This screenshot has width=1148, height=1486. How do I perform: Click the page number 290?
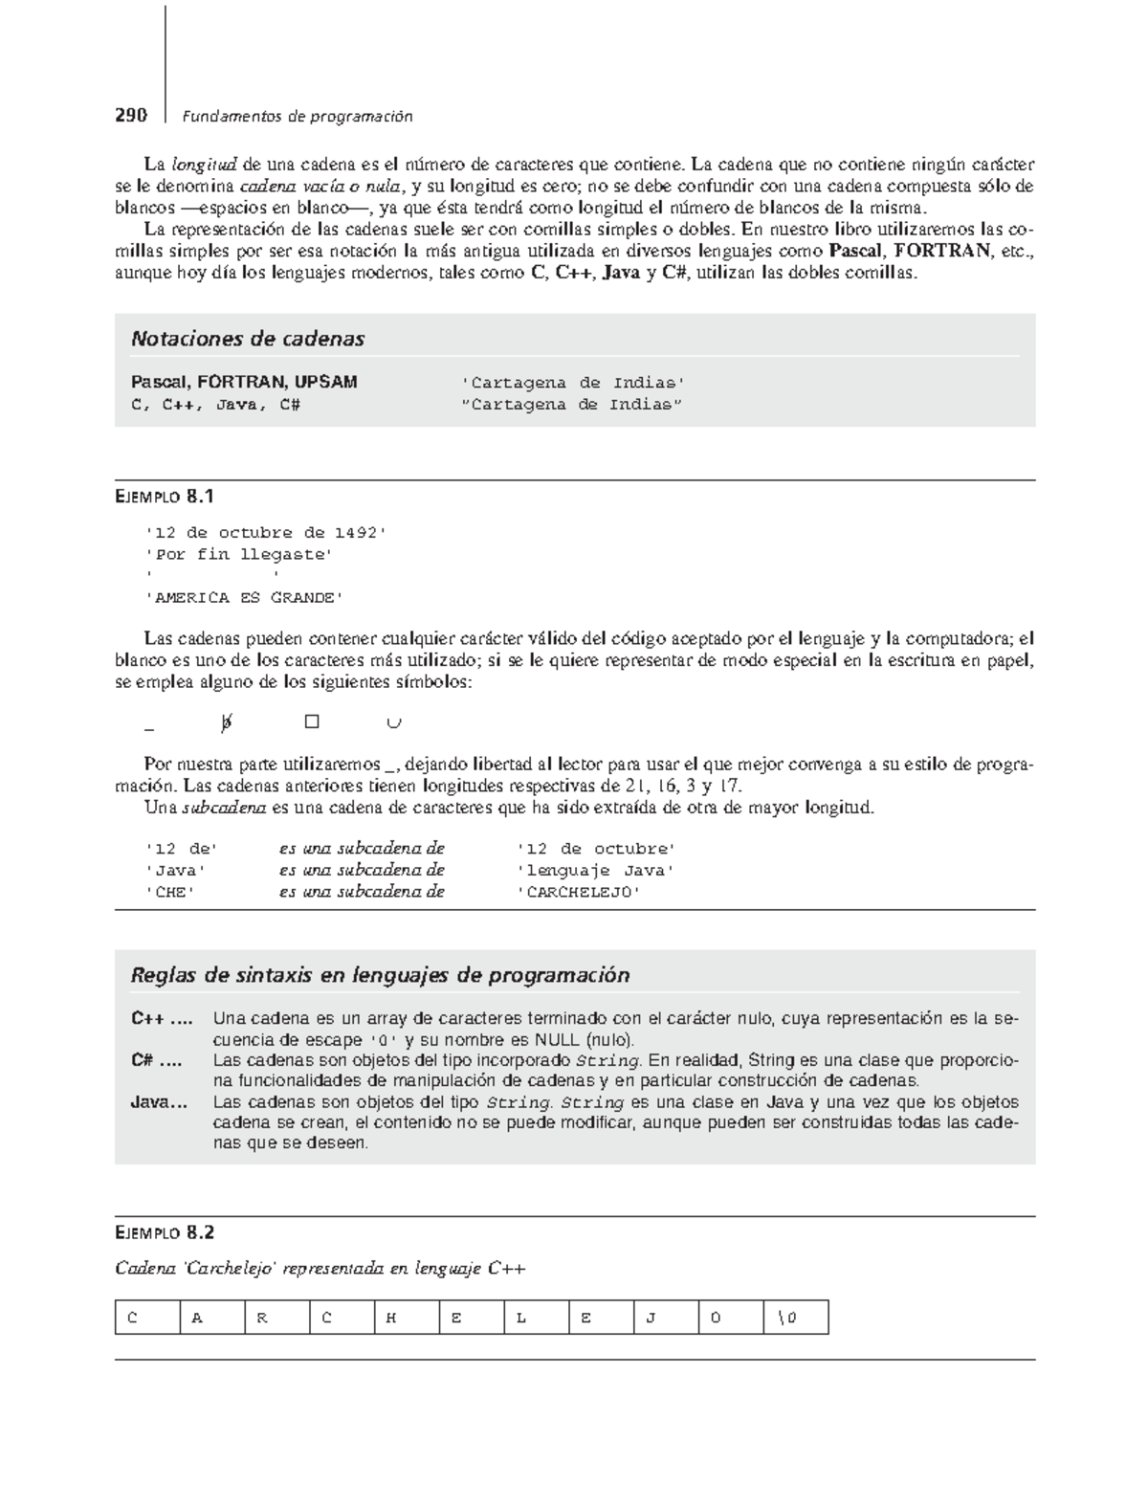tap(131, 116)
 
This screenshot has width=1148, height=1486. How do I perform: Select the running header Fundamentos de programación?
tap(298, 117)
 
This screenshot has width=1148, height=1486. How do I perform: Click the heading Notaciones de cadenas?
tap(248, 339)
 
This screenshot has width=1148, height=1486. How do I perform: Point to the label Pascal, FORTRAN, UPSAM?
tap(244, 383)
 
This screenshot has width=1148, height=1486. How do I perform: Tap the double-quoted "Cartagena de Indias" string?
tap(572, 405)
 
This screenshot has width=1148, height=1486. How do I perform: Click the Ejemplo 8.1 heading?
tap(165, 496)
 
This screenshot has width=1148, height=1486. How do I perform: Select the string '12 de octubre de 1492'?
tap(265, 533)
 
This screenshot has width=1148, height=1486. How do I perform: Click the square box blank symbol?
tap(311, 722)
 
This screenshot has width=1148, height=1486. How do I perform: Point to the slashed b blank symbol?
tap(226, 723)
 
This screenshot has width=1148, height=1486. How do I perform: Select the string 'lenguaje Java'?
tap(595, 871)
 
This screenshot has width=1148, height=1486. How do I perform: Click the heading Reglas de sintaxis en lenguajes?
tap(380, 975)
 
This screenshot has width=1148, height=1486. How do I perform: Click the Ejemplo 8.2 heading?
tap(165, 1232)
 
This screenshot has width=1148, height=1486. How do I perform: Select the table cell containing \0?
tap(796, 1318)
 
